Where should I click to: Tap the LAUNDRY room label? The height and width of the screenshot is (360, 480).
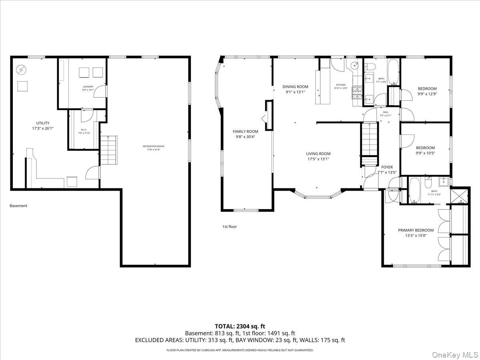click(88, 86)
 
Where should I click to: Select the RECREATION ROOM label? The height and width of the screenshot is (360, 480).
click(154, 146)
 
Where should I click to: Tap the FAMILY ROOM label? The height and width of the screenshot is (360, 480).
click(245, 131)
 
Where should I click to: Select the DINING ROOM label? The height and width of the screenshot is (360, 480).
click(295, 87)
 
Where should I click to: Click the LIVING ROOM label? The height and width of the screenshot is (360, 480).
click(318, 154)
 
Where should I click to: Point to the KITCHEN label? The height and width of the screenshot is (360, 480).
click(341, 85)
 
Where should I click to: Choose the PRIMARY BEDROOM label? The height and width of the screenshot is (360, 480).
click(416, 230)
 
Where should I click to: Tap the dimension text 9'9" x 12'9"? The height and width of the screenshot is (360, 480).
click(427, 94)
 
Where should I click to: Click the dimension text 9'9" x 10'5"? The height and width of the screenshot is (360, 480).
click(425, 153)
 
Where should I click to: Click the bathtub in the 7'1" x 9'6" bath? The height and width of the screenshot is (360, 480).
click(393, 72)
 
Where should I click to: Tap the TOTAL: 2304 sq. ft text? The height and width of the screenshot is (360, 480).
click(240, 326)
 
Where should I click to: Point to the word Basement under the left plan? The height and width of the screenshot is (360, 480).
click(18, 206)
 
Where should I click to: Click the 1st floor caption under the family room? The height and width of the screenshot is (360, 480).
click(230, 226)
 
